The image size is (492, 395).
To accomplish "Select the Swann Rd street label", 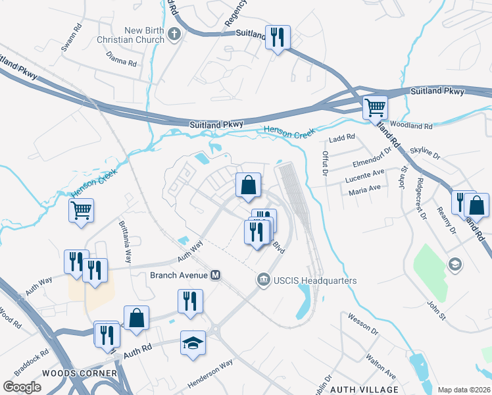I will pos(69,41).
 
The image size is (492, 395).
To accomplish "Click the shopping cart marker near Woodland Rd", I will pos(375,107).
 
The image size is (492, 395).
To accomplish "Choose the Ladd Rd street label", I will pos(342,138).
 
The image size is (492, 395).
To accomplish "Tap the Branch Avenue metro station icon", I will pos(215,275).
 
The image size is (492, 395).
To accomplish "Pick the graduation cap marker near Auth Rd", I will pos(193,344).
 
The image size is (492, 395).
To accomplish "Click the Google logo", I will pos(22,387).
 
